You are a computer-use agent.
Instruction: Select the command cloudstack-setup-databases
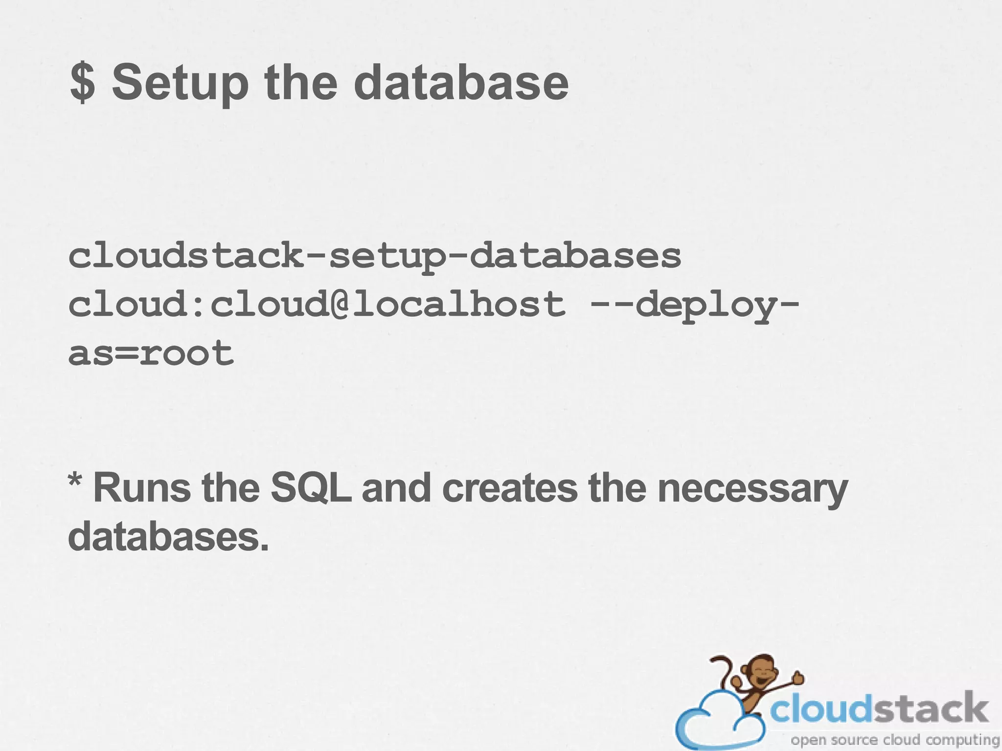[x=374, y=256]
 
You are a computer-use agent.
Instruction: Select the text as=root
[x=151, y=353]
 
